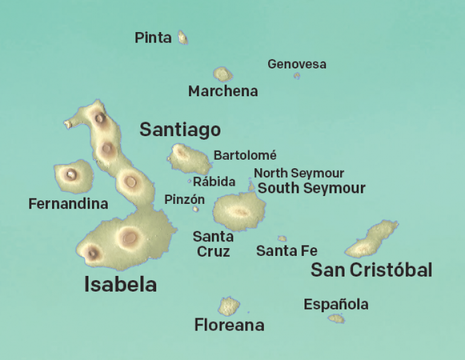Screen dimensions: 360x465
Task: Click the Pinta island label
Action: [153, 38]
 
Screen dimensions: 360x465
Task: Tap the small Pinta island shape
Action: [182, 38]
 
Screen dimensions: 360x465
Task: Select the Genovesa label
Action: [297, 64]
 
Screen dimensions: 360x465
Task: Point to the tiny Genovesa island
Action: [297, 76]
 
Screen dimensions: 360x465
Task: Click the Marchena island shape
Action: [223, 74]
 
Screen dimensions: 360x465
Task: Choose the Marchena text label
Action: [223, 91]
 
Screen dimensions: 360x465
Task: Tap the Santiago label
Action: [180, 129]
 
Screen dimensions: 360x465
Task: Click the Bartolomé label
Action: [245, 155]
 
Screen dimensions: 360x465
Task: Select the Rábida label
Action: [214, 182]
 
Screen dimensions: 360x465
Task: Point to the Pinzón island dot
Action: [196, 209]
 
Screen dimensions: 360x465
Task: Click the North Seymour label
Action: [298, 174]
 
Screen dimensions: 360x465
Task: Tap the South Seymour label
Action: [311, 188]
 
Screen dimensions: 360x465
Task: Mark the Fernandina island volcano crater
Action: [71, 175]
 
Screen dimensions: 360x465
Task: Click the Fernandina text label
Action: [68, 204]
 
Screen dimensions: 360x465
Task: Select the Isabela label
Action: [120, 284]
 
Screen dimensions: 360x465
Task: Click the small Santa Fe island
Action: [282, 238]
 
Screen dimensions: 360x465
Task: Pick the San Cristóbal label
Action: [371, 270]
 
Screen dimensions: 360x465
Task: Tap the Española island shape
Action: [336, 318]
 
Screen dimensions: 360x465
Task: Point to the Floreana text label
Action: [229, 326]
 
